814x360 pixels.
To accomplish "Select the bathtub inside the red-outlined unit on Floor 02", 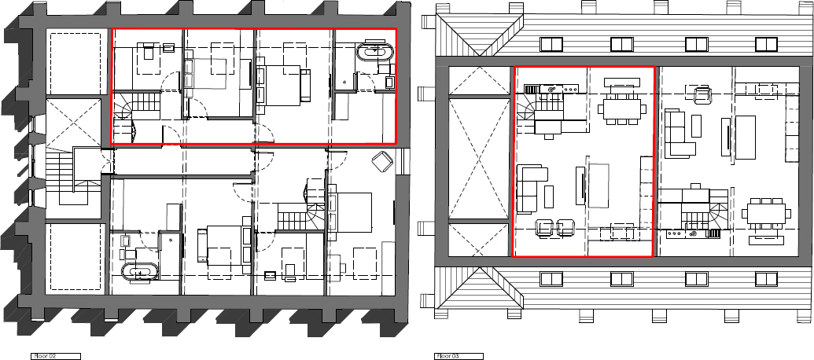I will (x=374, y=53).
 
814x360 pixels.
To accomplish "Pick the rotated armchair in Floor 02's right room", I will (x=382, y=160).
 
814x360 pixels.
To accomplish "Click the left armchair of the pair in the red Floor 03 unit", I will (x=543, y=228).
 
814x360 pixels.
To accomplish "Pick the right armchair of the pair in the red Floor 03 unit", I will (x=565, y=228).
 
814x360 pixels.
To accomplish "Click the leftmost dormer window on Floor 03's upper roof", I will (x=551, y=43).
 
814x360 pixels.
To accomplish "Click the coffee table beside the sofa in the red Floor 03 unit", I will (x=549, y=194).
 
